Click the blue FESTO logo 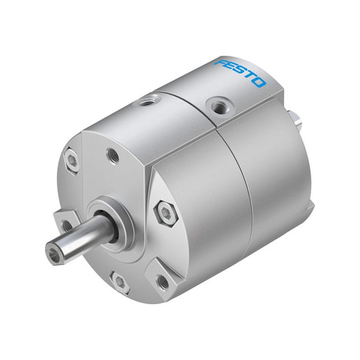pos(240,73)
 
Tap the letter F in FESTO pos(221,64)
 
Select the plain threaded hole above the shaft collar pos(113,156)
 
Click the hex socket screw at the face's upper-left pos(72,161)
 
